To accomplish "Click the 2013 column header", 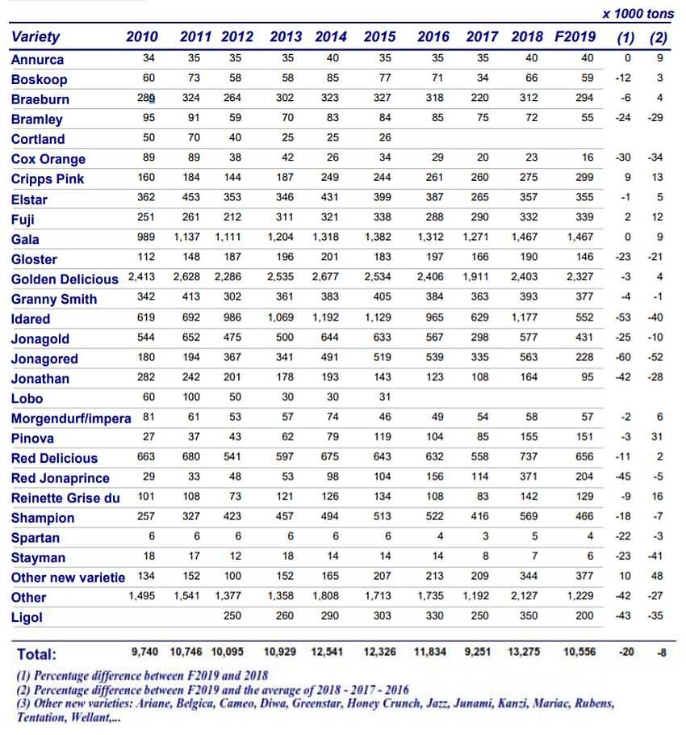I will pyautogui.click(x=286, y=36).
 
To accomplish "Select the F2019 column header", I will pyautogui.click(x=575, y=36).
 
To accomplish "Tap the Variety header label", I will pyautogui.click(x=36, y=36).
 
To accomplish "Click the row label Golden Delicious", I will pyautogui.click(x=65, y=279).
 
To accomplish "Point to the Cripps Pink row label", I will pyautogui.click(x=48, y=179).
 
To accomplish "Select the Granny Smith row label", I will pyautogui.click(x=54, y=299).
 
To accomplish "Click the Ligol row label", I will pyautogui.click(x=27, y=617).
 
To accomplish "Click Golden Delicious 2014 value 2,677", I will pyautogui.click(x=331, y=279).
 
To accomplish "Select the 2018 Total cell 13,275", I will pyautogui.click(x=529, y=653).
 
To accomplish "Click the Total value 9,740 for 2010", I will pyautogui.click(x=146, y=653).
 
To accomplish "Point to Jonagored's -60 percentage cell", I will pyautogui.click(x=622, y=358).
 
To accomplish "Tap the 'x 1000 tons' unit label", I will pyautogui.click(x=638, y=14).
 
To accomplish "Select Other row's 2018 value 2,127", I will pyautogui.click(x=529, y=597).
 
